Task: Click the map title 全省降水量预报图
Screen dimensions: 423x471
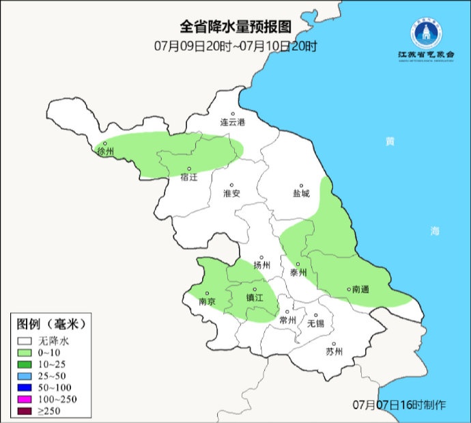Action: [235, 27]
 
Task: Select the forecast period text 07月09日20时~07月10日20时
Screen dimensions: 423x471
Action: [235, 46]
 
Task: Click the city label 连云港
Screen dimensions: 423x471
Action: [232, 122]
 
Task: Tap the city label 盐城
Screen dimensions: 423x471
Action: [300, 193]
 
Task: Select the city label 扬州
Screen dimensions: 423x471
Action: [261, 265]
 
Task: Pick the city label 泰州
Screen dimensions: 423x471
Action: [298, 271]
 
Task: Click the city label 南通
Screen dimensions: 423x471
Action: [359, 290]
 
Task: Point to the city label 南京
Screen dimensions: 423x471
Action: [207, 301]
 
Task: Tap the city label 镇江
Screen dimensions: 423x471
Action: [255, 298]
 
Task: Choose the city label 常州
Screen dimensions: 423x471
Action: [288, 320]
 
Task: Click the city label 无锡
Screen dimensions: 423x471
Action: [315, 323]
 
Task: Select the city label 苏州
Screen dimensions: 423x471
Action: [334, 352]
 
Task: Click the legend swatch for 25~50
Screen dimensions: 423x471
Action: [26, 375]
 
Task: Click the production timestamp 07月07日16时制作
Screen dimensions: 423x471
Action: [399, 405]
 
